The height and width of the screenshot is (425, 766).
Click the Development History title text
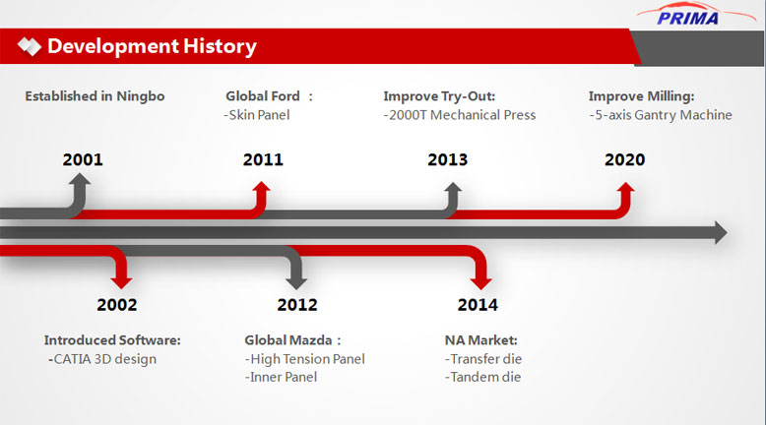tap(152, 46)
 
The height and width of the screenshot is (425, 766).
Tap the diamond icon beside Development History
tap(30, 46)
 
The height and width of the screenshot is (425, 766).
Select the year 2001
tap(83, 159)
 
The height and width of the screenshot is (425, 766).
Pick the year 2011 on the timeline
tap(263, 159)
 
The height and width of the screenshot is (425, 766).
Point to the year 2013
tap(447, 159)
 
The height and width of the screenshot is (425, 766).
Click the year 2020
tap(625, 159)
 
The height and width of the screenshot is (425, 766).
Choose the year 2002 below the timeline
tap(117, 304)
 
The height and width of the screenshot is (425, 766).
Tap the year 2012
tap(297, 304)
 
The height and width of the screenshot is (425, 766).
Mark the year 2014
tap(478, 304)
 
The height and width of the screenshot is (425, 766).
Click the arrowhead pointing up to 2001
tap(79, 179)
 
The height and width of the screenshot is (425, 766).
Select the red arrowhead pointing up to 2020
tap(625, 187)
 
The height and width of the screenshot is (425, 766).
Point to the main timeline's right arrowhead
tap(721, 232)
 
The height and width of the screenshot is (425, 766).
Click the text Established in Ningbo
tap(95, 96)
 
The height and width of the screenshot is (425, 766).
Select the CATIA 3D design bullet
tap(102, 359)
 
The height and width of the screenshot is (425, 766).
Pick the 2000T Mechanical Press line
tap(459, 115)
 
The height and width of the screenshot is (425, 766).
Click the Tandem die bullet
tap(482, 377)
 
